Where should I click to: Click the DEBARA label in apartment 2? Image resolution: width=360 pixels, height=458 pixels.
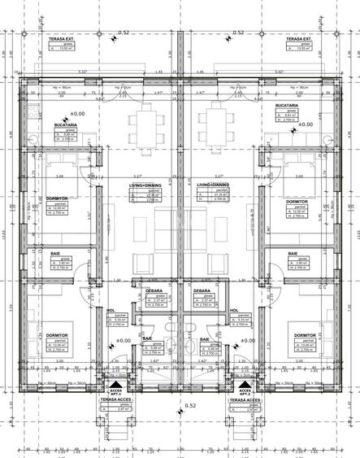point(203,291)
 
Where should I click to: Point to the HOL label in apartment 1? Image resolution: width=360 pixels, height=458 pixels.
point(111,310)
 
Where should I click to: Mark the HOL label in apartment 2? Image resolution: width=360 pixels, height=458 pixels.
point(233,310)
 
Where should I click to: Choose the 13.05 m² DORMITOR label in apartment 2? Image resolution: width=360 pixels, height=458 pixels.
point(305,335)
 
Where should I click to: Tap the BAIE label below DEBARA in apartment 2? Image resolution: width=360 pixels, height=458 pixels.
point(205,338)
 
